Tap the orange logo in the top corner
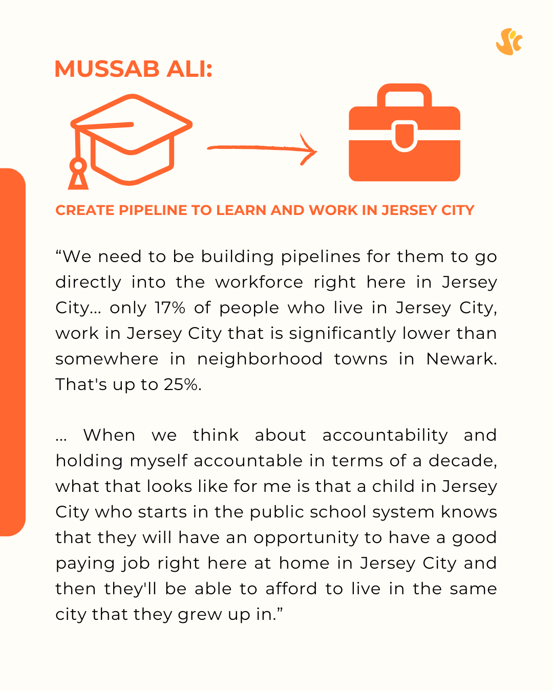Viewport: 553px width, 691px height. tap(509, 42)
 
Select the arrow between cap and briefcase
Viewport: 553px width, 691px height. tap(262, 149)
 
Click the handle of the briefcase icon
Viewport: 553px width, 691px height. tap(405, 95)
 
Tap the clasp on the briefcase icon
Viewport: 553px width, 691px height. tap(405, 136)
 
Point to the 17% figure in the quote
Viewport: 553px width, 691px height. tap(169, 308)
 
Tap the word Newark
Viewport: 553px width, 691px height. tap(461, 359)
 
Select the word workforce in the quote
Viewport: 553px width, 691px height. tap(259, 282)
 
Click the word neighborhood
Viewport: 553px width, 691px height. tap(260, 359)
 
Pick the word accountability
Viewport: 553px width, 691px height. tap(385, 436)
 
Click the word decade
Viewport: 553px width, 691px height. tap(462, 461)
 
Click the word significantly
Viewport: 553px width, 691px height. tap(342, 333)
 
